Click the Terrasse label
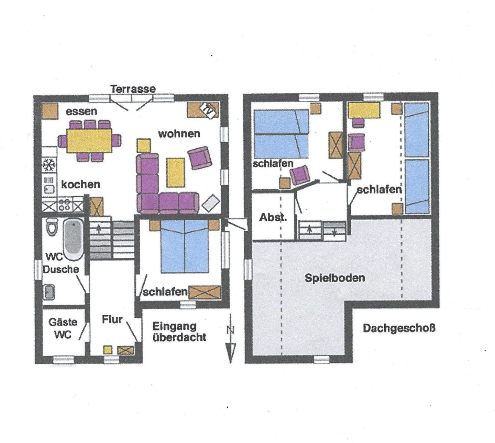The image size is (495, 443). point(133,89)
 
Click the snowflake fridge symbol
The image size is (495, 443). point(49,165)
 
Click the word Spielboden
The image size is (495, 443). point(334,278)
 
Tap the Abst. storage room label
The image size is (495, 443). point(273,217)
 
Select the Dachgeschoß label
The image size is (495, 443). point(399,328)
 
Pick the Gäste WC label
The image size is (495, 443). point(63,329)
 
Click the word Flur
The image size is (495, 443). point(112,319)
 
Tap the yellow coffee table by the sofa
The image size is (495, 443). point(175,173)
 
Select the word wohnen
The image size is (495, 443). point(179,134)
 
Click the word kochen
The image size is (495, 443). point(80,184)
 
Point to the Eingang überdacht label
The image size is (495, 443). point(179,332)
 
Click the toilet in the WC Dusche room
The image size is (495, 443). point(52,227)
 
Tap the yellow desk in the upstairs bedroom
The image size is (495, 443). point(364,110)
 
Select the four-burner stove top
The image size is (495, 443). point(65,205)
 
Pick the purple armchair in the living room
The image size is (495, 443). point(199,158)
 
